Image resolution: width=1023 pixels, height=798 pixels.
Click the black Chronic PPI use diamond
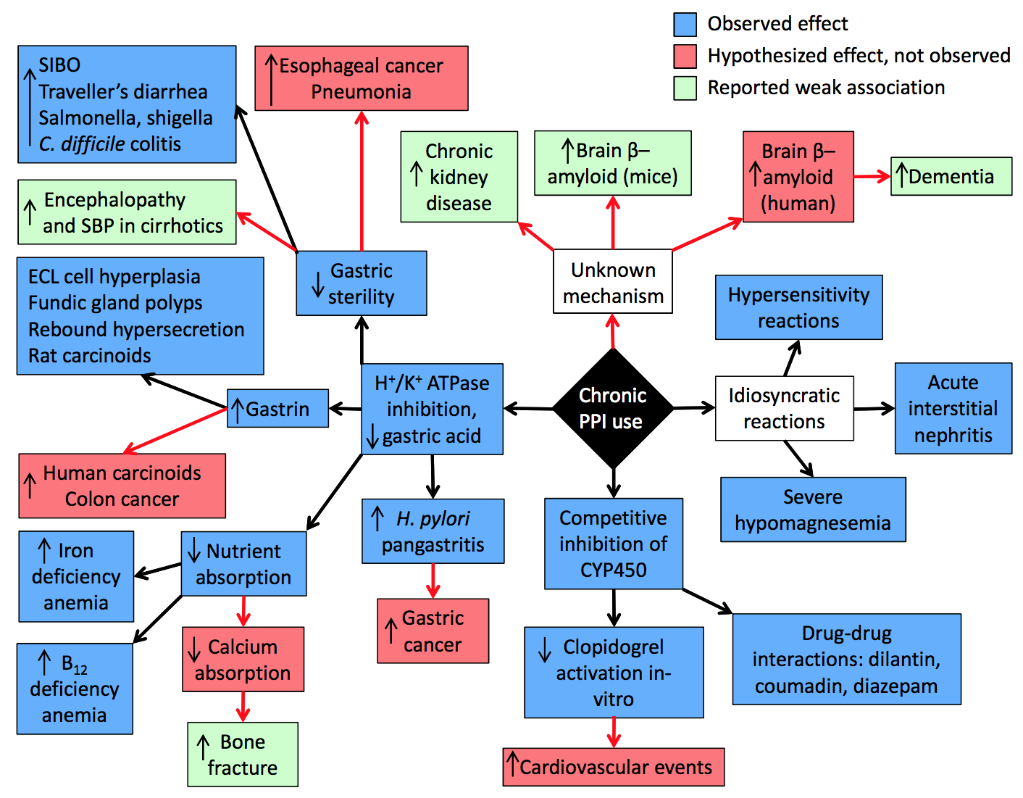click(x=613, y=409)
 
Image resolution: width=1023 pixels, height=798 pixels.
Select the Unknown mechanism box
click(x=613, y=282)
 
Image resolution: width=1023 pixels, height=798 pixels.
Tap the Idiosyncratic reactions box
click(x=784, y=408)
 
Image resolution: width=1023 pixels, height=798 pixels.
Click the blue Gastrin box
click(x=278, y=409)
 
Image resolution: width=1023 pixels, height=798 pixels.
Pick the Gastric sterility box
click(x=361, y=283)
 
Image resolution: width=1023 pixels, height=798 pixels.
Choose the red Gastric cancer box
click(x=433, y=631)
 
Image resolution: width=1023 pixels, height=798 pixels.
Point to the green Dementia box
click(x=951, y=176)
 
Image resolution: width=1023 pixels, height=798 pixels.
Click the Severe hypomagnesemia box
click(x=812, y=510)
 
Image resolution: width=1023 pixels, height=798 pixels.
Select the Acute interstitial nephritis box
click(x=953, y=409)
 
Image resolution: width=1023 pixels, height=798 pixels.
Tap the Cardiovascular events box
click(x=613, y=767)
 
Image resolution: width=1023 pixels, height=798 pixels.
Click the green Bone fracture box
click(x=243, y=755)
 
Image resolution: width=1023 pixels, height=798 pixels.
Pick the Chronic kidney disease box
click(x=459, y=177)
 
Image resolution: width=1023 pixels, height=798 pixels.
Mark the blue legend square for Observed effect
click(x=685, y=24)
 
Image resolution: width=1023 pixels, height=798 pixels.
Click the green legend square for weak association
click(x=685, y=88)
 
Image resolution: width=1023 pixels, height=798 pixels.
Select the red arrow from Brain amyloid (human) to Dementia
click(x=872, y=176)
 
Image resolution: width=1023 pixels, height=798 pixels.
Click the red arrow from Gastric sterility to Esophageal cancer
click(x=362, y=181)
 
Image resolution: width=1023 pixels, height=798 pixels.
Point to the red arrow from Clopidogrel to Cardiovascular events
click(x=614, y=732)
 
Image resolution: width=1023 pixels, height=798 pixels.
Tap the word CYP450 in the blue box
click(x=613, y=570)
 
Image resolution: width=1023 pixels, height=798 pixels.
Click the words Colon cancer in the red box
click(x=122, y=499)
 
